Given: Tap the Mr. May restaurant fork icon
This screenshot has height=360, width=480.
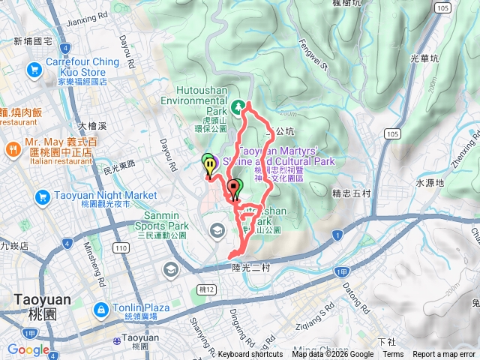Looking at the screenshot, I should click(13, 150).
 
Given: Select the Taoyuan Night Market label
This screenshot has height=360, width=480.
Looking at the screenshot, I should click(95, 196).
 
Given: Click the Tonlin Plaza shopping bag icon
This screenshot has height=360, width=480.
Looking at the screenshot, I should click(100, 310).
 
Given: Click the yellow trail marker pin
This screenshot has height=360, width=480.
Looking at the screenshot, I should click(210, 164).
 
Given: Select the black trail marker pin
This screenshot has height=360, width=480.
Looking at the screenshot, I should click(232, 187).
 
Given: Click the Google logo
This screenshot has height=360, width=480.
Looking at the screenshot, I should click(28, 349).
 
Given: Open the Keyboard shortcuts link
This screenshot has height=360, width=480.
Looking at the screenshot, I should click(250, 355).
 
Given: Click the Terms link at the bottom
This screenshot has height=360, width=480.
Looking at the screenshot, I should click(393, 355).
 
